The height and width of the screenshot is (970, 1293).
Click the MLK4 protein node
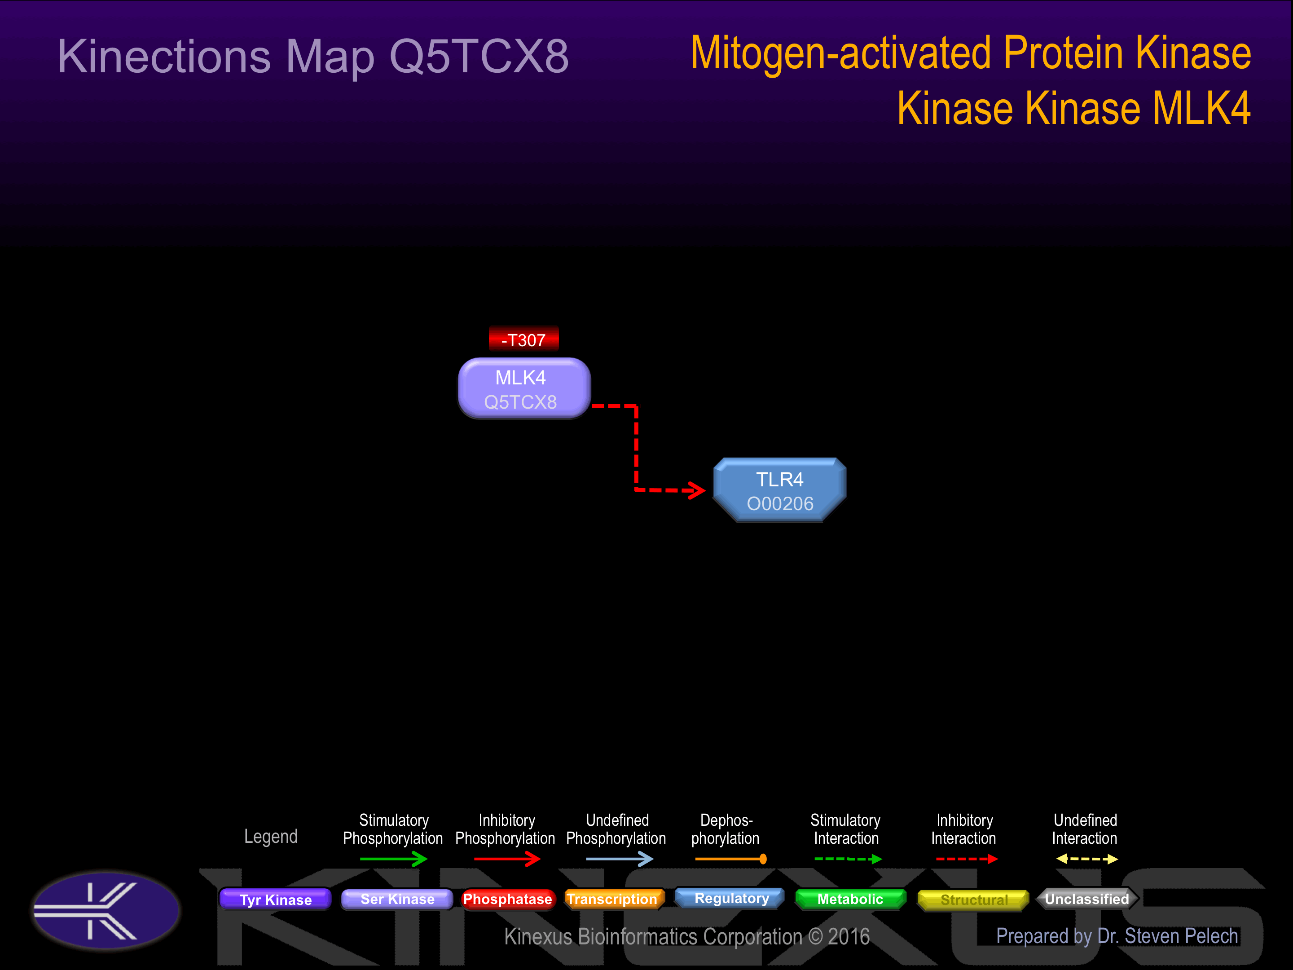click(524, 389)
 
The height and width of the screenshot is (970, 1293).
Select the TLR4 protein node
click(780, 490)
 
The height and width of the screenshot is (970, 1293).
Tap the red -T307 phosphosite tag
click(524, 339)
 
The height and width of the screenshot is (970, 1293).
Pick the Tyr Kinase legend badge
click(275, 899)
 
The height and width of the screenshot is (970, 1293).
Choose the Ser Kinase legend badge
click(397, 899)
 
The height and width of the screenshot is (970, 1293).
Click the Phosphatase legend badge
click(507, 899)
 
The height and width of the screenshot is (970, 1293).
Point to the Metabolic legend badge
click(850, 899)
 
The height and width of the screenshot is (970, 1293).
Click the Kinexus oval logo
click(106, 910)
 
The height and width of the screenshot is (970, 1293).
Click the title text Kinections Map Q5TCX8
click(313, 57)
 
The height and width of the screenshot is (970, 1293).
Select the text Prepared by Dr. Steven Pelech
click(1117, 936)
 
